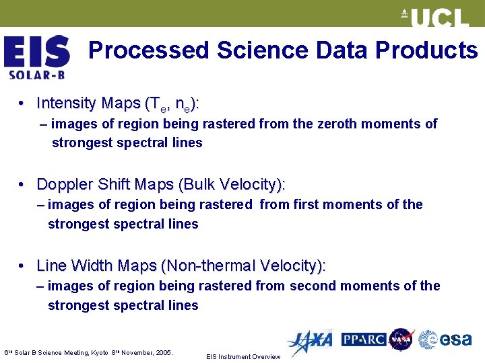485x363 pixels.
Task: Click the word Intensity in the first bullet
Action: [x=66, y=103]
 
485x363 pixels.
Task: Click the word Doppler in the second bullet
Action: [x=61, y=184]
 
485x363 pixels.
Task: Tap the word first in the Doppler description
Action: [x=307, y=204]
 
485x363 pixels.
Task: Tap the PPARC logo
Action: [x=363, y=339]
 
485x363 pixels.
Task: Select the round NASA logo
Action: [x=401, y=339]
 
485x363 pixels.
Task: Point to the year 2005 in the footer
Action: [x=162, y=352]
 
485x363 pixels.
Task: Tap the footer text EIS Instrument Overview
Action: [x=243, y=356]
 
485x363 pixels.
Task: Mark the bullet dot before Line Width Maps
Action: [x=22, y=266]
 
